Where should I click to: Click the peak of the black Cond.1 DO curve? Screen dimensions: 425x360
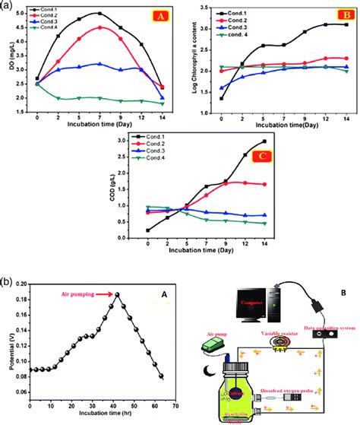point(99,14)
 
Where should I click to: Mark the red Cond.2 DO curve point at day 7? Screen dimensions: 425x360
point(99,27)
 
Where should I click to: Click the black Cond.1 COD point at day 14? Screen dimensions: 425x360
point(264,141)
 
